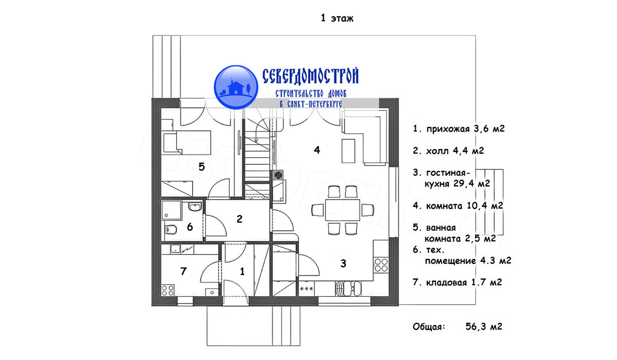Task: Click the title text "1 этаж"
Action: point(337,18)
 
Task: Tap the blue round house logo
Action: point(236,87)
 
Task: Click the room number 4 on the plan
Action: point(317,150)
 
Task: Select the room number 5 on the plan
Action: point(202,167)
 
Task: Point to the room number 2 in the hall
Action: point(240,219)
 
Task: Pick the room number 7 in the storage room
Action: point(184,272)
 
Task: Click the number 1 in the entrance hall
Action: point(242,272)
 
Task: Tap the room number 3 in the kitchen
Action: point(343,264)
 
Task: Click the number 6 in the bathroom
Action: point(190,227)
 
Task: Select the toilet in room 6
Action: point(171,229)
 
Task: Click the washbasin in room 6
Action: point(195,207)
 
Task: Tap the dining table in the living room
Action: point(342,210)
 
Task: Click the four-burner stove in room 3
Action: point(381,265)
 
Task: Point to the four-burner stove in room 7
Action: point(168,290)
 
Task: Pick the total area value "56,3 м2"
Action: point(484,327)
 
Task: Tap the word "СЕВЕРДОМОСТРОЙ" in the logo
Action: point(311,76)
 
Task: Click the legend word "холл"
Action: point(438,151)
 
